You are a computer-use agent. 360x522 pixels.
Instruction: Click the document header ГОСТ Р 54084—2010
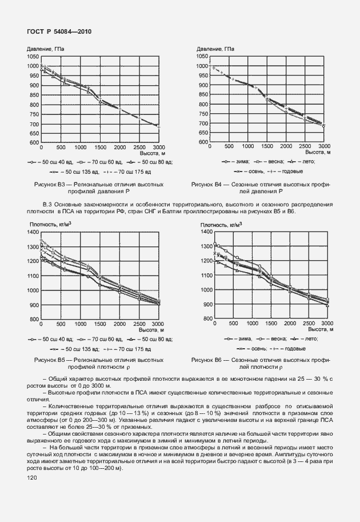click(59, 32)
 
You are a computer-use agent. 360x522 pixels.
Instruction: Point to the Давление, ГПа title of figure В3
click(46, 50)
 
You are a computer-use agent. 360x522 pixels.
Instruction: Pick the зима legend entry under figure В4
click(237, 162)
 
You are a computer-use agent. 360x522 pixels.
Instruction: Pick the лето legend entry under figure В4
click(311, 162)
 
